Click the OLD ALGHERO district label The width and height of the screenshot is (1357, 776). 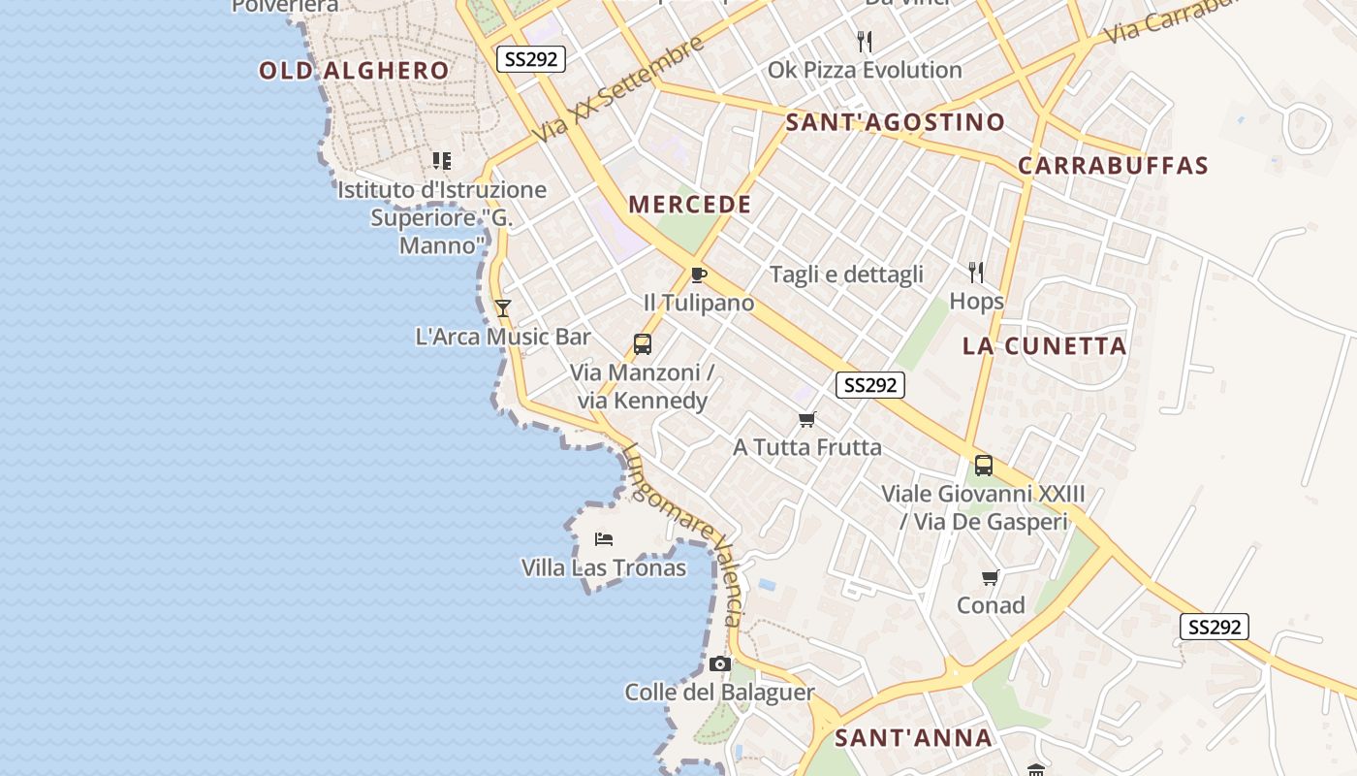354,71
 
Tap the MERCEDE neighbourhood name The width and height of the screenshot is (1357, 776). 690,205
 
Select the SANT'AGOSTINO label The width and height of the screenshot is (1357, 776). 895,122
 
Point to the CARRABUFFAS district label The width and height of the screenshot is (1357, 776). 1113,166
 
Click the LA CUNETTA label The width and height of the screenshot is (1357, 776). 1045,346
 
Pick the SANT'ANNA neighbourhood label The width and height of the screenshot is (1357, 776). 913,738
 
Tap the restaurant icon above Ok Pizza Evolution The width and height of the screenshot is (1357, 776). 865,42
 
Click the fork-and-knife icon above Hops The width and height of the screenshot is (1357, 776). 976,273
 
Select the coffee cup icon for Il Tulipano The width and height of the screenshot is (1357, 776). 698,275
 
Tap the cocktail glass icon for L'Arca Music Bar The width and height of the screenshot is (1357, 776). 502,308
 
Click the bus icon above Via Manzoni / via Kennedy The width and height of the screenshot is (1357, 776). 642,343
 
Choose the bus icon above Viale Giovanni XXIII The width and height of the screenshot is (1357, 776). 983,466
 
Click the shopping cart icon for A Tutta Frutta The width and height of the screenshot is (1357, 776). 806,419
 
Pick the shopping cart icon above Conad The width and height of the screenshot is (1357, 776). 990,577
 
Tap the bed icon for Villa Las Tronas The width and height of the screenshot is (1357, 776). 604,538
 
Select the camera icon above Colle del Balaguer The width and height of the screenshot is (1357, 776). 719,664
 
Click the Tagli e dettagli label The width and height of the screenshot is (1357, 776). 846,275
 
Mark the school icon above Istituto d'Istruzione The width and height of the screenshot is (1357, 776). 441,161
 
